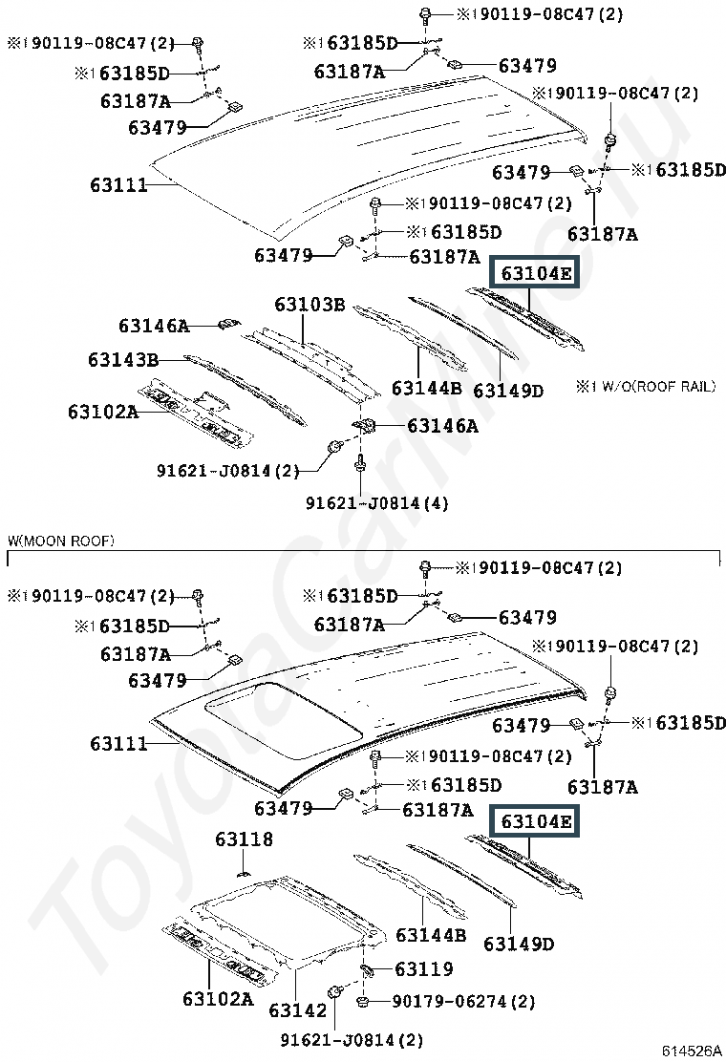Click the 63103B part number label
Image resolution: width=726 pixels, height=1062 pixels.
(x=310, y=304)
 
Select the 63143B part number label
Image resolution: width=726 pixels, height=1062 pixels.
(x=123, y=359)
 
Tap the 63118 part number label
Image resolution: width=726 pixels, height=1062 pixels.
(x=244, y=839)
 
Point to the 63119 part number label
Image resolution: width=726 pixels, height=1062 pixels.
(x=424, y=968)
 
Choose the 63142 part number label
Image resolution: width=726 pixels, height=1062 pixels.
(x=297, y=1009)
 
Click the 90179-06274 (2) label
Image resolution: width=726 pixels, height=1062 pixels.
(x=463, y=1001)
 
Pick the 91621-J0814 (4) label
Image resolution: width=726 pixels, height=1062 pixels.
(x=376, y=502)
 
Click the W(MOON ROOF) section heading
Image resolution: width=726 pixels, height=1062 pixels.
(x=61, y=541)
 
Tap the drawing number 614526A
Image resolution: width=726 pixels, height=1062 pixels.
(x=692, y=1051)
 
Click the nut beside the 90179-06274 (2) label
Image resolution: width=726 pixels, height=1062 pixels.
(x=362, y=1000)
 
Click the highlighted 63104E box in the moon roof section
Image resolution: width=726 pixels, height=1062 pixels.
(x=536, y=821)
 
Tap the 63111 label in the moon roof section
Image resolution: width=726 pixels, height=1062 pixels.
(x=118, y=744)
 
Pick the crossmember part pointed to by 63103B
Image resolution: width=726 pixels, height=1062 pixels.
(x=311, y=363)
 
